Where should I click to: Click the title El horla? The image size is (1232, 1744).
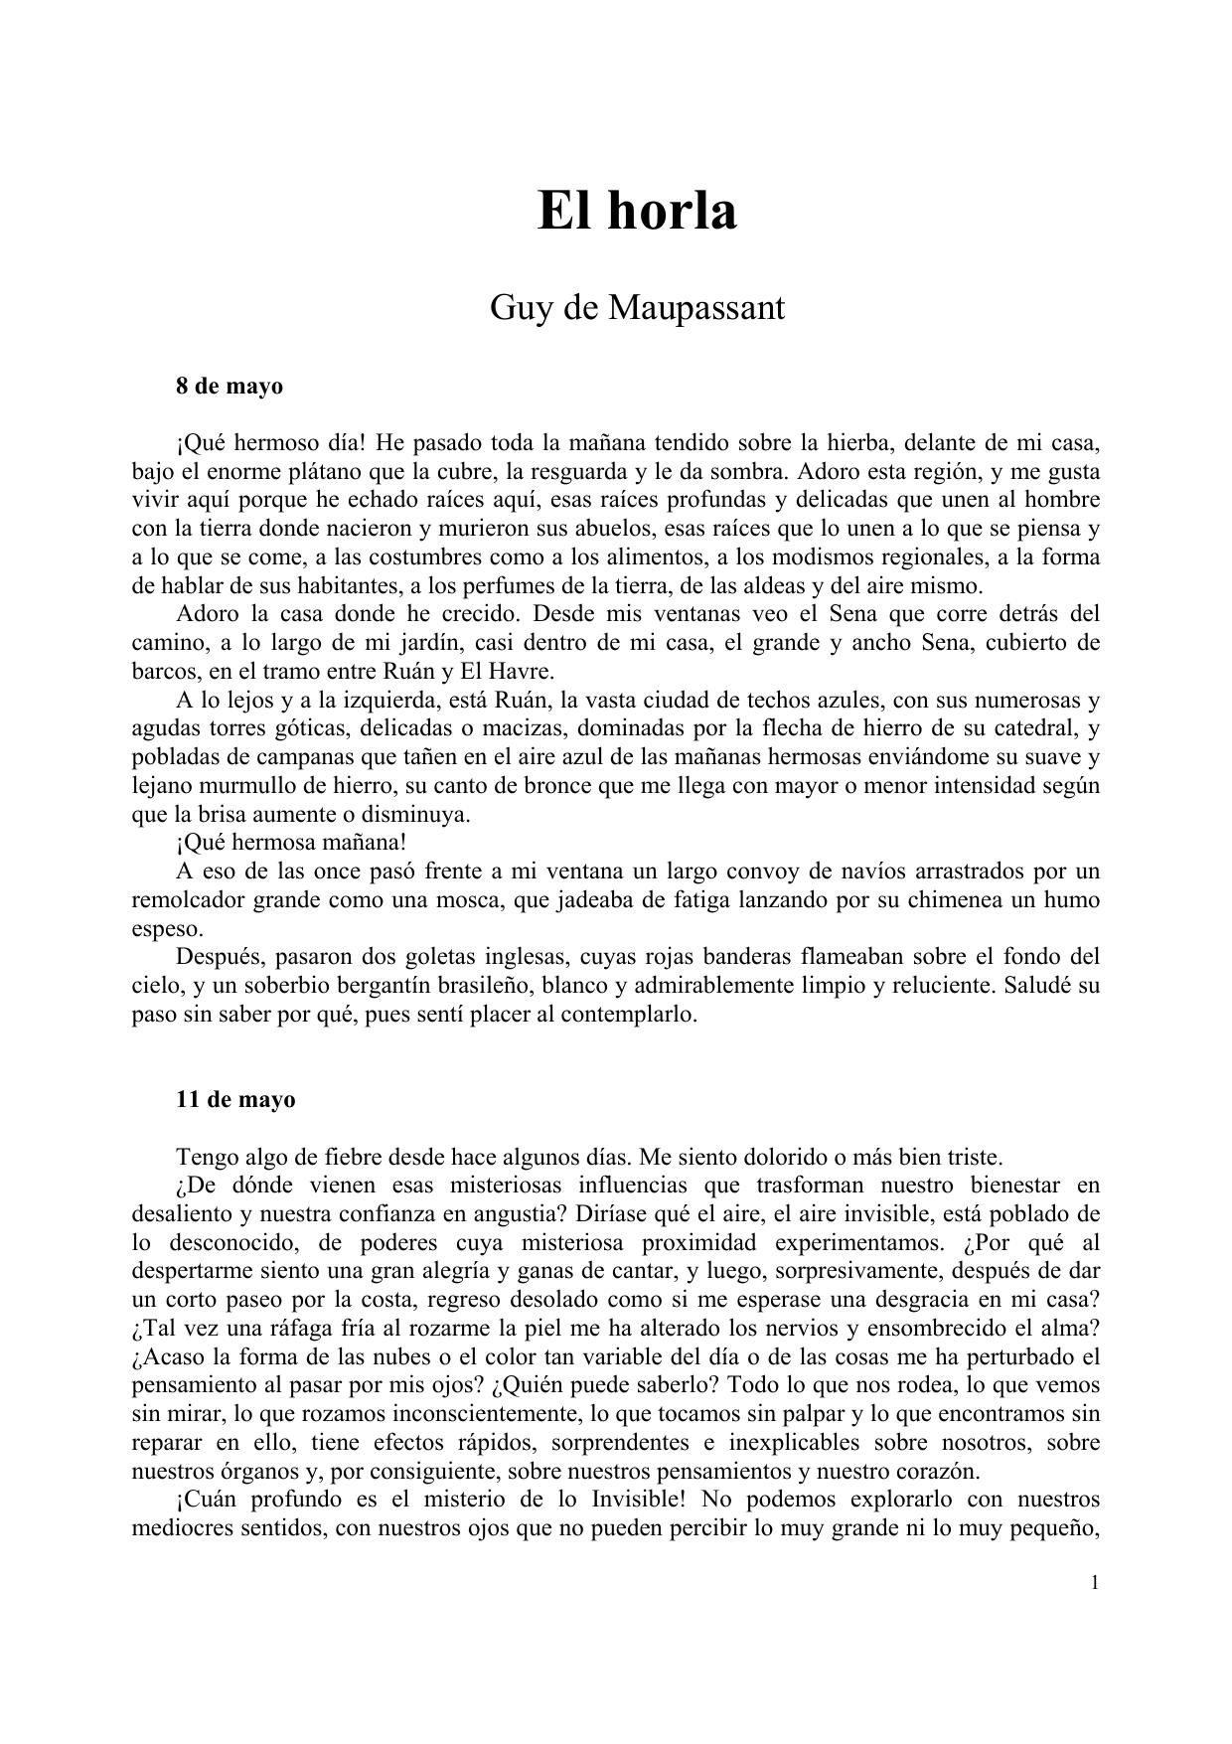coord(637,211)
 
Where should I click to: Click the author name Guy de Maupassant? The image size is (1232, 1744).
coord(637,309)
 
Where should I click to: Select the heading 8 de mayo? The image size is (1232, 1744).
coord(230,387)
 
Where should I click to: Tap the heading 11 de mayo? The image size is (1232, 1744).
coord(235,1100)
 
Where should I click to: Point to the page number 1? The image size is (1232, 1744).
coord(1095,1583)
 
